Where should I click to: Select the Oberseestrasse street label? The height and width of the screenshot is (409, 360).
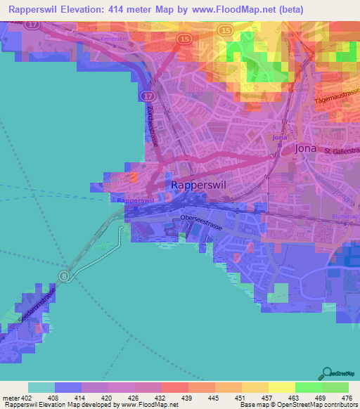coord(201,218)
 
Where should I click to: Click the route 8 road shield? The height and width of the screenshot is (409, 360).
coord(65,275)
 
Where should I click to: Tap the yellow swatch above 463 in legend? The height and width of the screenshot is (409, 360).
coord(281,387)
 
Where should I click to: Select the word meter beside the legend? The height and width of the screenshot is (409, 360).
coord(11,397)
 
